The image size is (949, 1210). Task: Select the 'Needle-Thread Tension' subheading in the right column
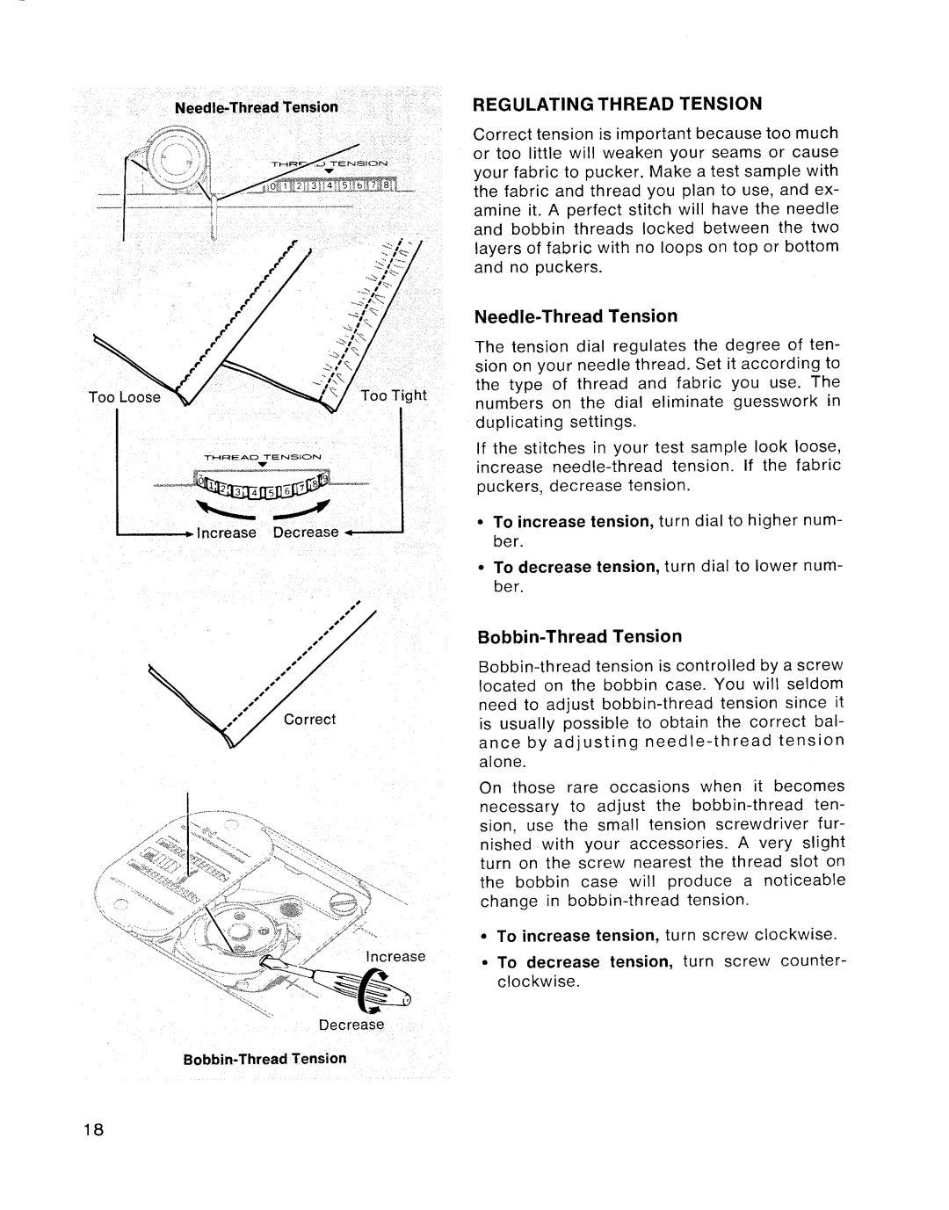576,315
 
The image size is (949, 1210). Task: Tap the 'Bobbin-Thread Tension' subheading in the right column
577,635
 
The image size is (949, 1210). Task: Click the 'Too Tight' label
393,395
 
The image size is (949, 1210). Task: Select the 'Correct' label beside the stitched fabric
309,719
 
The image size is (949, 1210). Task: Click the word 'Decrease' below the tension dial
305,533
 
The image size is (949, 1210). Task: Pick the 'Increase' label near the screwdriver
395,956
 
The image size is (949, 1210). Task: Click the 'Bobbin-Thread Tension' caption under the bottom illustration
264,1059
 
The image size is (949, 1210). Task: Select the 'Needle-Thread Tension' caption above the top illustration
256,107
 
